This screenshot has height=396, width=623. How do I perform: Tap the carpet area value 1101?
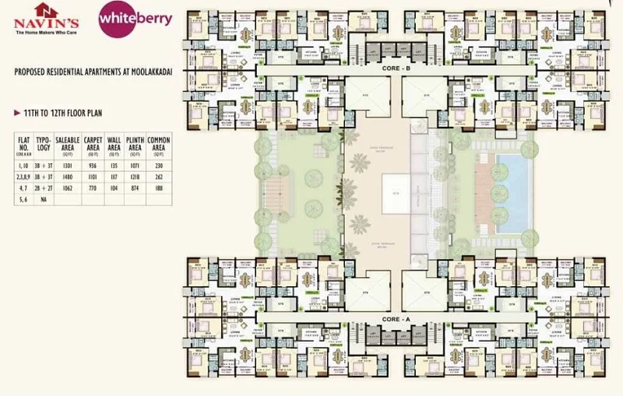(93, 177)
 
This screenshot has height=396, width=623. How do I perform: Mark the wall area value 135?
(114, 166)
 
